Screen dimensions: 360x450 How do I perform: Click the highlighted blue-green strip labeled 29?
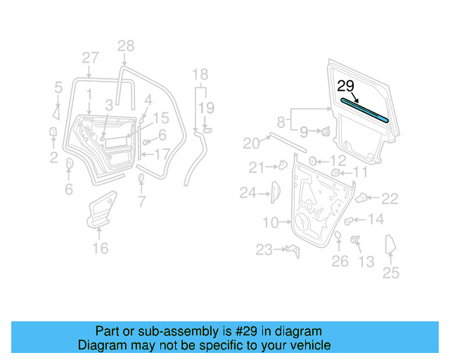tap(366, 110)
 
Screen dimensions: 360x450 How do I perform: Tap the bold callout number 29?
tap(346, 86)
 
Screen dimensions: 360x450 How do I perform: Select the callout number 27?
tap(90, 58)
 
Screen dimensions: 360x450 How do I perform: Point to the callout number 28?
tap(125, 46)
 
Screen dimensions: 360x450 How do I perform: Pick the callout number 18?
tap(200, 75)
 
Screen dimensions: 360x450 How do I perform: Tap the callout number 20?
tap(251, 143)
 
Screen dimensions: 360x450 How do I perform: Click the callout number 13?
tap(366, 262)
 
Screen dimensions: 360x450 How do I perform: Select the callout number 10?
tap(271, 223)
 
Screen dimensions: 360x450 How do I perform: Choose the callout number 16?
tap(101, 247)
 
